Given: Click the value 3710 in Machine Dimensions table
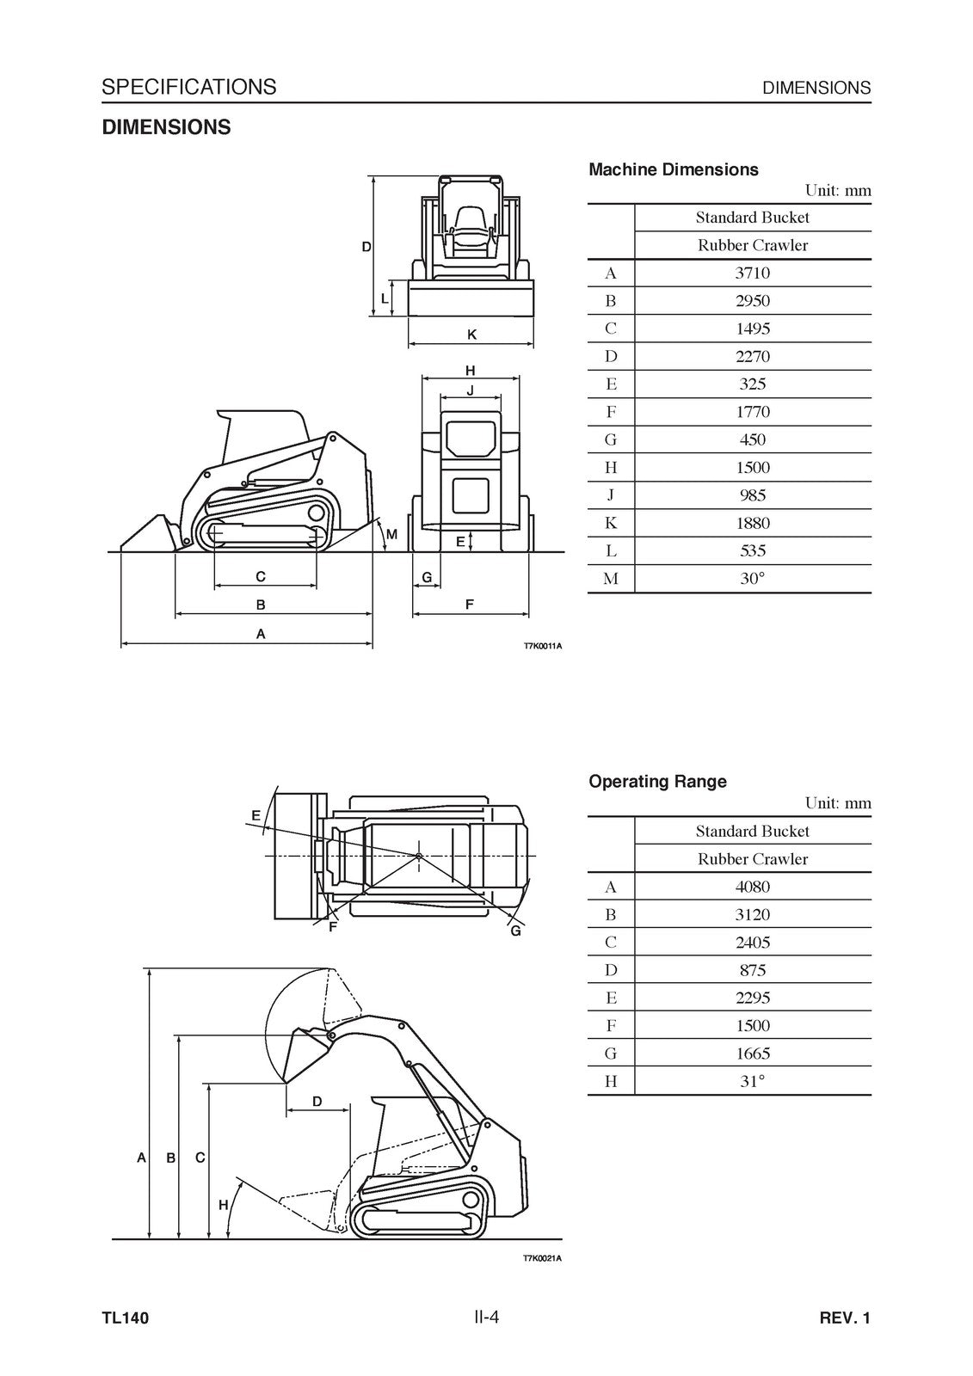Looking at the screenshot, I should (x=752, y=273).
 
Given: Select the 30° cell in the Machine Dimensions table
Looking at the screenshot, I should (x=752, y=579).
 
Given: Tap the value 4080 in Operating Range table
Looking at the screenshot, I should (x=752, y=887).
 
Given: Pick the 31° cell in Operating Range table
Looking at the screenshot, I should (x=752, y=1081).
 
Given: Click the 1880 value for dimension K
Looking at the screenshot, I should (x=752, y=523).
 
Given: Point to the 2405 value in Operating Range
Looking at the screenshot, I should (x=752, y=943).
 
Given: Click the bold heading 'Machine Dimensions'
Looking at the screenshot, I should (x=673, y=169).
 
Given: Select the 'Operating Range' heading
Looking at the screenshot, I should (x=657, y=782).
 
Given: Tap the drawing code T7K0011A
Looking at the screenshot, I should (x=542, y=646).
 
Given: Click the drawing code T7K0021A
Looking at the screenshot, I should (x=542, y=1259).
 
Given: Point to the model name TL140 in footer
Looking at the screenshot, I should (x=125, y=1318).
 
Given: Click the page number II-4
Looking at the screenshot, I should (x=485, y=1317).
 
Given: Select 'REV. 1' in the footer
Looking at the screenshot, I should (x=845, y=1318).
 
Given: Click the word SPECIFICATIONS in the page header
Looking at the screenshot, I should (x=188, y=87).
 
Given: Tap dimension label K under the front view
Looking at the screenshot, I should (x=471, y=334).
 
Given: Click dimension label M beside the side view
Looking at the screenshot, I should (x=391, y=535).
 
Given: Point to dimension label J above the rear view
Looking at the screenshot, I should (x=470, y=390).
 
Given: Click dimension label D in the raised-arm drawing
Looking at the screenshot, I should (x=317, y=1102).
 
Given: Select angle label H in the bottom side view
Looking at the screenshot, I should (x=223, y=1205).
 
